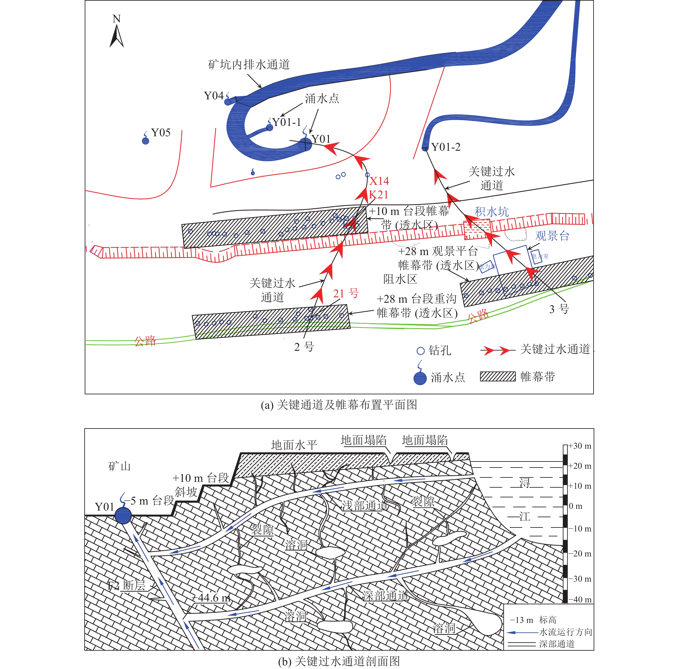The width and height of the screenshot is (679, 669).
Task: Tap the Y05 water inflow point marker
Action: click(x=145, y=141)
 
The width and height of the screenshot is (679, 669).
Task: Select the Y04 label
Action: click(x=214, y=96)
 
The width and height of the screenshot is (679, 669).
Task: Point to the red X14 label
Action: click(x=379, y=181)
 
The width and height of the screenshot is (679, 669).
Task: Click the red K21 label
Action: click(x=378, y=195)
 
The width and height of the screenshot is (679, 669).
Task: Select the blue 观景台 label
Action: click(x=552, y=236)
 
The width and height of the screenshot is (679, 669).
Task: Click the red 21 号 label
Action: click(x=346, y=293)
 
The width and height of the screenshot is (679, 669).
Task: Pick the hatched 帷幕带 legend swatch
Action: click(x=498, y=377)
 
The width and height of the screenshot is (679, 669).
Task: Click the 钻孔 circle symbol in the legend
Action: click(x=421, y=351)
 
